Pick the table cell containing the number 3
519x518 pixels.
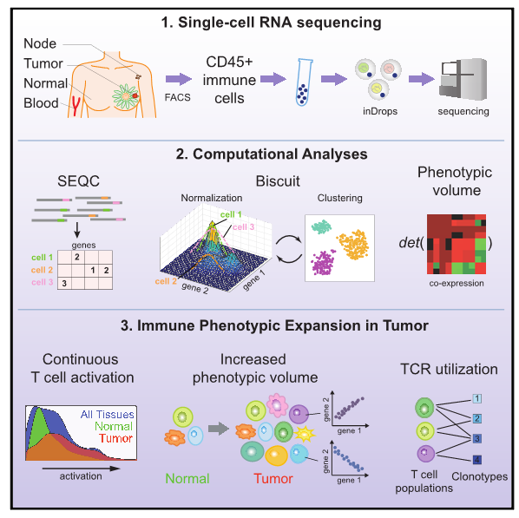pyautogui.click(x=65, y=281)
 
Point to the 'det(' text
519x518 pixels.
pyautogui.click(x=409, y=242)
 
